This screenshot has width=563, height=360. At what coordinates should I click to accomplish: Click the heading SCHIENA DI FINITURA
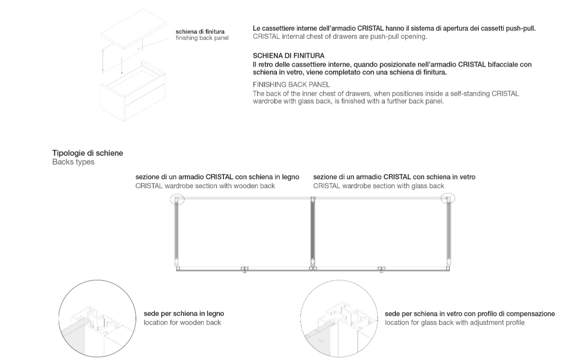tap(288, 56)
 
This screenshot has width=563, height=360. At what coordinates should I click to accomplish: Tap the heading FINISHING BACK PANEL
tap(291, 84)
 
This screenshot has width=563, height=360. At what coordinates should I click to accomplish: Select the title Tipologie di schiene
tap(88, 153)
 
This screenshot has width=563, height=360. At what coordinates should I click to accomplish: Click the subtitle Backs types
tap(73, 162)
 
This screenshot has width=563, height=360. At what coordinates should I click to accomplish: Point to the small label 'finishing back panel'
tap(202, 38)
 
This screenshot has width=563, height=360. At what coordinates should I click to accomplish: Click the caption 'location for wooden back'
tap(182, 323)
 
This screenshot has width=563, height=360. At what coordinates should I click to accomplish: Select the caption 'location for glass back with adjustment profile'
tap(455, 323)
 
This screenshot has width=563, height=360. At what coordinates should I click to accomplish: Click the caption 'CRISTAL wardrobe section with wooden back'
tap(205, 186)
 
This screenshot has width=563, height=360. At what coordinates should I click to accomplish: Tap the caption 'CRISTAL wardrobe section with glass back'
tap(378, 186)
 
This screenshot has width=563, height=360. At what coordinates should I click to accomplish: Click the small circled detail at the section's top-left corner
tap(177, 199)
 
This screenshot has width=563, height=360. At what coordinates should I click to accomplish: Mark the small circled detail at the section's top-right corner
tap(448, 199)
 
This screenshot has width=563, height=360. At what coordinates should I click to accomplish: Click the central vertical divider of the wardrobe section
tap(312, 233)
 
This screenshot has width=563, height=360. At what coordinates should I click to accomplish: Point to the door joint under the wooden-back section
tap(245, 269)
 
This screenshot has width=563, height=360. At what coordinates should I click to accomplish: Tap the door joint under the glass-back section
tap(381, 269)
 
